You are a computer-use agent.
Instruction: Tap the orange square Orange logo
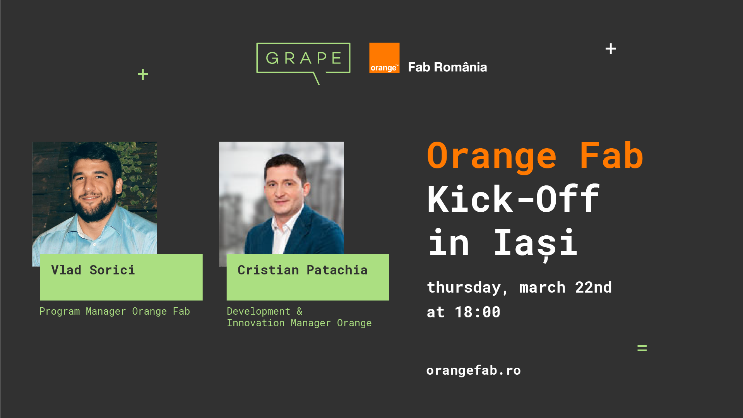point(384,58)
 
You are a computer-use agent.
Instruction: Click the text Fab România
point(447,67)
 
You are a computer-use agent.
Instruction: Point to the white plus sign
point(611,49)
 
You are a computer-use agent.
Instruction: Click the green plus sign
point(143,74)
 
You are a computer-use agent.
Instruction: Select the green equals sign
point(642,348)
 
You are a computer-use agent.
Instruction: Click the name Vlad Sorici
point(93,270)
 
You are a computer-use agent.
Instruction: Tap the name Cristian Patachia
point(302,270)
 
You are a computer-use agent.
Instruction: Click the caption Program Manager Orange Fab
point(115,312)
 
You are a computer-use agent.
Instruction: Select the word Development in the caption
point(259,311)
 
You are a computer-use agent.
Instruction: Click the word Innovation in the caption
point(256,323)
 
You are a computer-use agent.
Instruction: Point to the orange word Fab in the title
point(611,156)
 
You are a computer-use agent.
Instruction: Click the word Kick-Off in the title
point(514,199)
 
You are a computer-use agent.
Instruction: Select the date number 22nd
point(593,287)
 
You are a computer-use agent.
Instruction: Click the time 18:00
point(478,312)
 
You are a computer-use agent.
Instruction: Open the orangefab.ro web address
point(474,370)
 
